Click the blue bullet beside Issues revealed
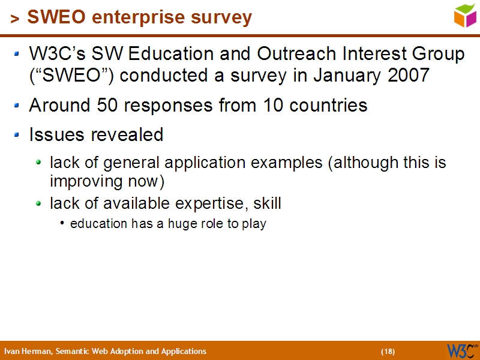coord(17,134)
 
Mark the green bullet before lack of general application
coord(38,162)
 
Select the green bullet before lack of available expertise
coord(38,203)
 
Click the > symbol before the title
coord(15,19)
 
